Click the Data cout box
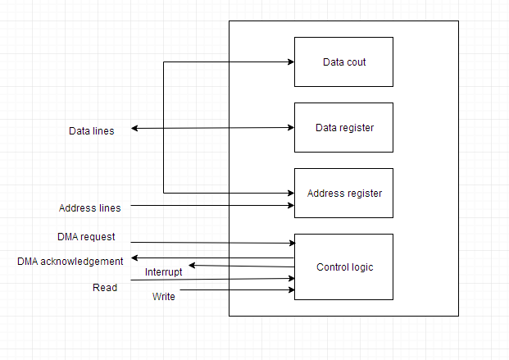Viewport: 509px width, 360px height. (343, 62)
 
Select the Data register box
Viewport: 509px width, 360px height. (343, 127)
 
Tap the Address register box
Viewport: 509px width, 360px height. (343, 193)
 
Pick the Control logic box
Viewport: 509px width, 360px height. (343, 267)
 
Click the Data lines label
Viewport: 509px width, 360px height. (92, 130)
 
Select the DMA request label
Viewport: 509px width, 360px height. (86, 237)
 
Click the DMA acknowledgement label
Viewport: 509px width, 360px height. (70, 261)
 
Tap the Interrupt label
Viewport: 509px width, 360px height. (164, 271)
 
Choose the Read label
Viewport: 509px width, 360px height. (105, 287)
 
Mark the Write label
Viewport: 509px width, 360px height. (163, 296)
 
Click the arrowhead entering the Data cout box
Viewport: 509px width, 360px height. (290, 62)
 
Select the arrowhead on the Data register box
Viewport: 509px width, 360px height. (290, 127)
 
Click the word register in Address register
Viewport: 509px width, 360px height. (363, 194)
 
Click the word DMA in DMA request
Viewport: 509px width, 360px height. (67, 237)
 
